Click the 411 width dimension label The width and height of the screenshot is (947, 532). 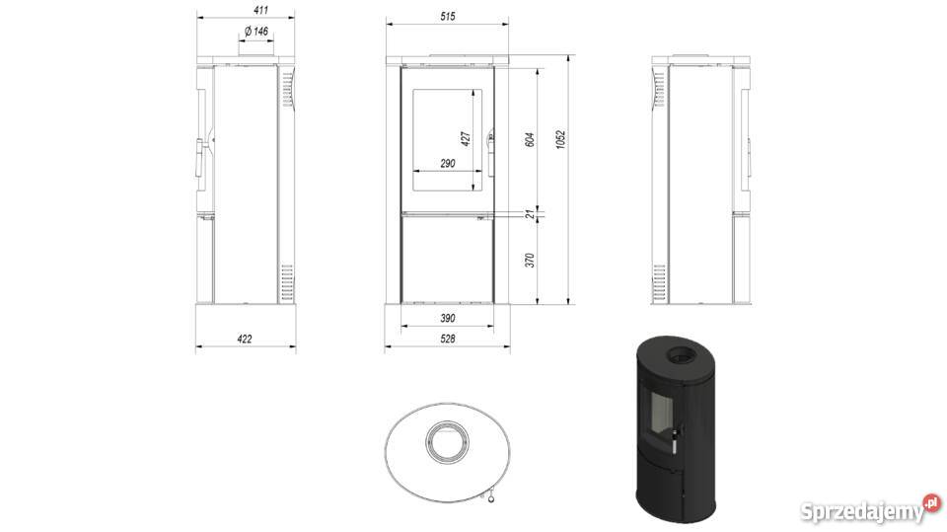260,10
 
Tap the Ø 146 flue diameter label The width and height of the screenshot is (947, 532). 256,31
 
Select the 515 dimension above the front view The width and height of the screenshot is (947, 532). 448,17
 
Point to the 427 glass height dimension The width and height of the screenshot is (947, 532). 466,138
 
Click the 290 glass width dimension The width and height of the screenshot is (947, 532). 448,163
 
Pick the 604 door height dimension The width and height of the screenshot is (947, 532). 531,139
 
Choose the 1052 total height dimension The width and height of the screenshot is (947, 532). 560,139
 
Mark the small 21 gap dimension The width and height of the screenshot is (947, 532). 531,214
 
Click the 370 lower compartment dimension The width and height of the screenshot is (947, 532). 531,261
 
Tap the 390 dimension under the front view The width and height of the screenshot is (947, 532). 448,318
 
